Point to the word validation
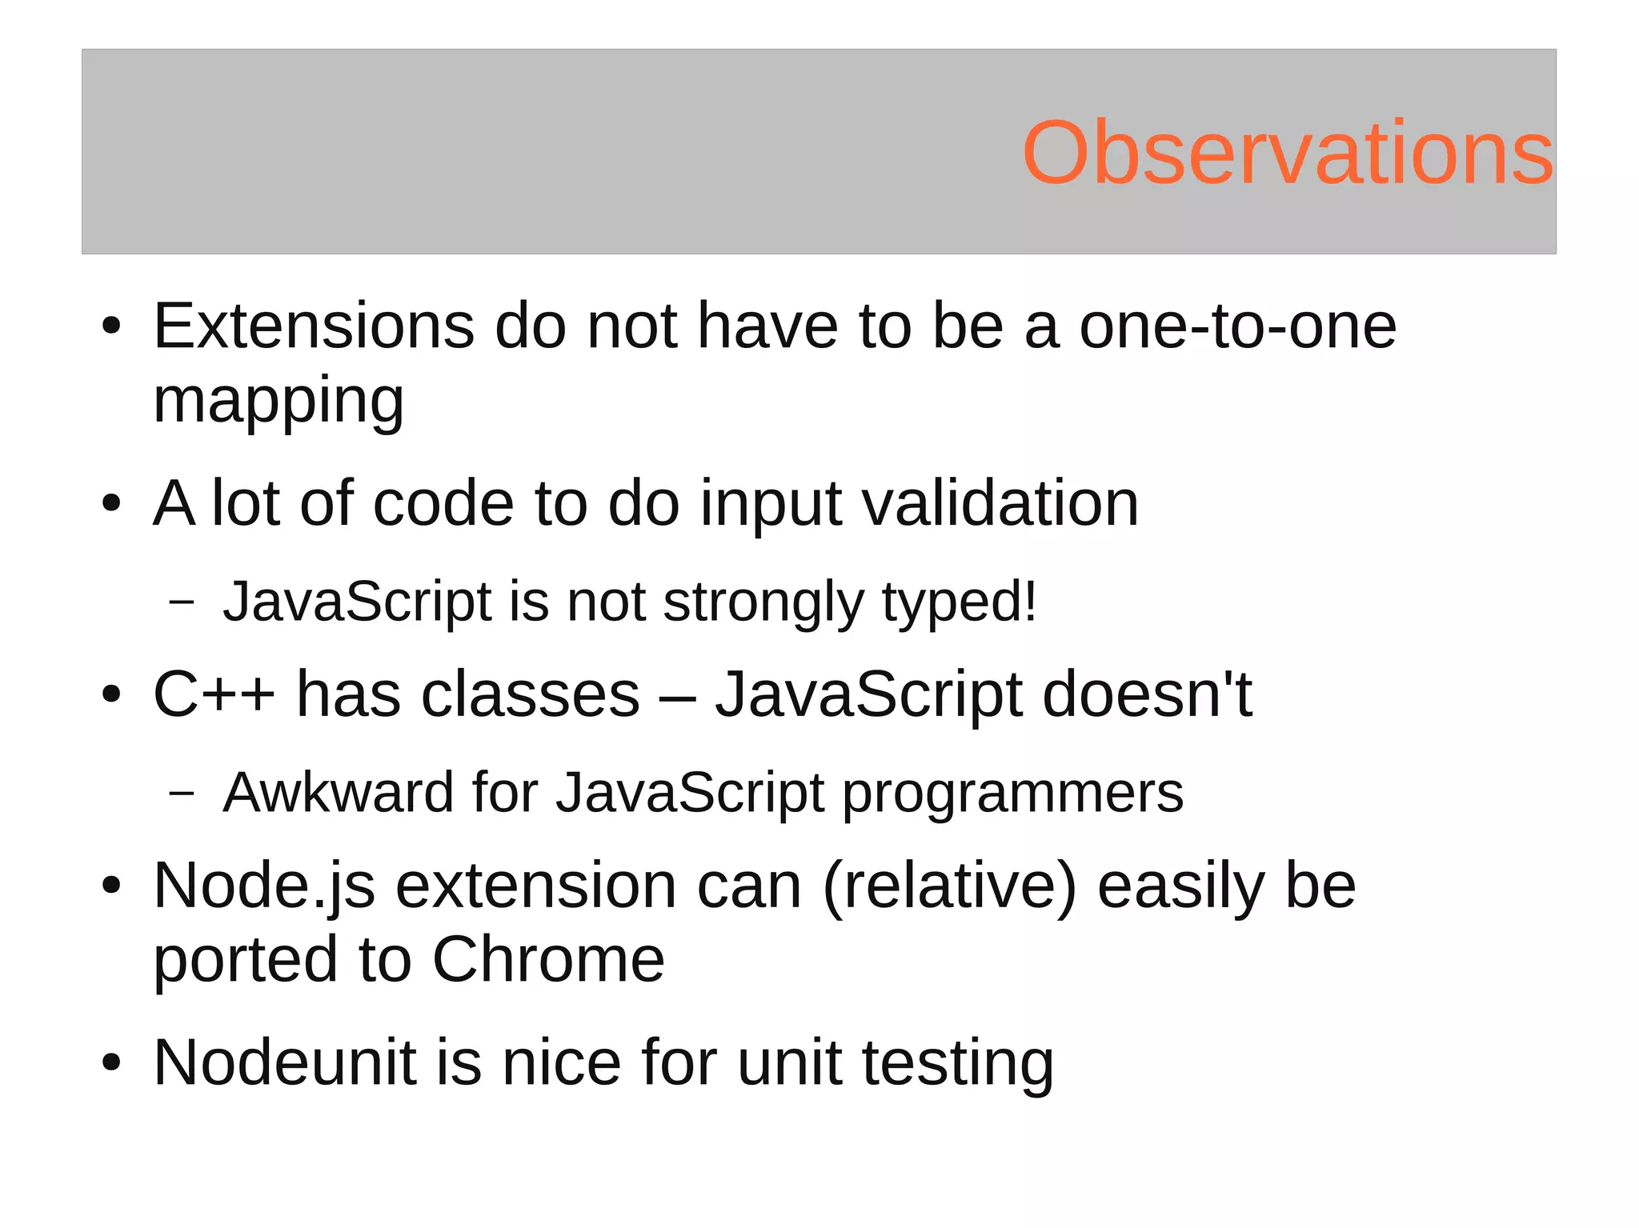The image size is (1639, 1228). coord(1000,504)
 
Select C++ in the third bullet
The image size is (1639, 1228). coord(214,694)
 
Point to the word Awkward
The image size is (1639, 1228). coord(338,793)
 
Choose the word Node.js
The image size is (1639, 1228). coord(264,886)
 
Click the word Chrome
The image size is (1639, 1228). coord(548,959)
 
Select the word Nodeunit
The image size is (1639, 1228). coord(285,1062)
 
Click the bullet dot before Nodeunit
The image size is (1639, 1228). coord(111,1063)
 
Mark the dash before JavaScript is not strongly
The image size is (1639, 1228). coord(182,602)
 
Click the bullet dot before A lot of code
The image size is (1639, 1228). coord(111,504)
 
